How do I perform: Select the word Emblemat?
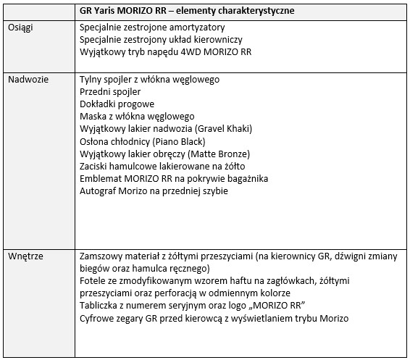point(100,179)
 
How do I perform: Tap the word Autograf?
point(98,191)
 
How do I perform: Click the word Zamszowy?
point(102,257)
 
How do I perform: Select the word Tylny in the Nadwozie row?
point(90,79)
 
